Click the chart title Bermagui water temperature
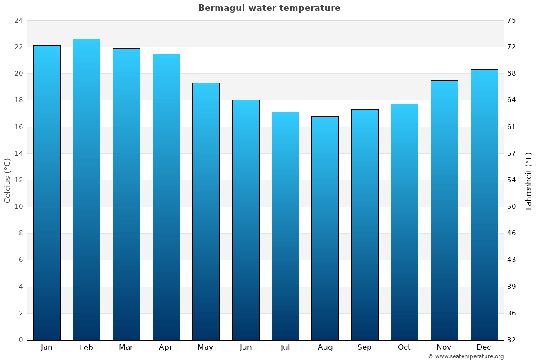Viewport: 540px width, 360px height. click(269, 8)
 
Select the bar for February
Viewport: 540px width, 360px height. click(86, 189)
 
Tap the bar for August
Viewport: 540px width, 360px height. click(325, 228)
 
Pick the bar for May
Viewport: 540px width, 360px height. click(206, 211)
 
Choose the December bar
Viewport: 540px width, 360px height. click(484, 204)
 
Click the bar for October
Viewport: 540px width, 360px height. click(405, 222)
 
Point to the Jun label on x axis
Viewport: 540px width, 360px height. click(246, 347)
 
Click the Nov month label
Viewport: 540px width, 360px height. click(444, 347)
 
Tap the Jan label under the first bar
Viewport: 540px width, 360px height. click(46, 347)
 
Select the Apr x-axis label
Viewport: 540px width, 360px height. click(166, 347)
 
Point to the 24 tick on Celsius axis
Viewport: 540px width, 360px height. click(18, 20)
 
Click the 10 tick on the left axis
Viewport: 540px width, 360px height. click(18, 207)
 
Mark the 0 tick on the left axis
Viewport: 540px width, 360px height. click(21, 340)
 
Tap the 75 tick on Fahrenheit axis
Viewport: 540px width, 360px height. click(512, 20)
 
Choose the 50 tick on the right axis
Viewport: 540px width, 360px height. click(512, 207)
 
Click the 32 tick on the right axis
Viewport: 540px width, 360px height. click(512, 340)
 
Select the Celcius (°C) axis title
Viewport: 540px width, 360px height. click(7, 180)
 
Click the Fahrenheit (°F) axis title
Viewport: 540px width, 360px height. click(529, 180)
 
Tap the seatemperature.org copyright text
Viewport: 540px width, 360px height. click(466, 356)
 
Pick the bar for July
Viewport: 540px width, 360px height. click(285, 226)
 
